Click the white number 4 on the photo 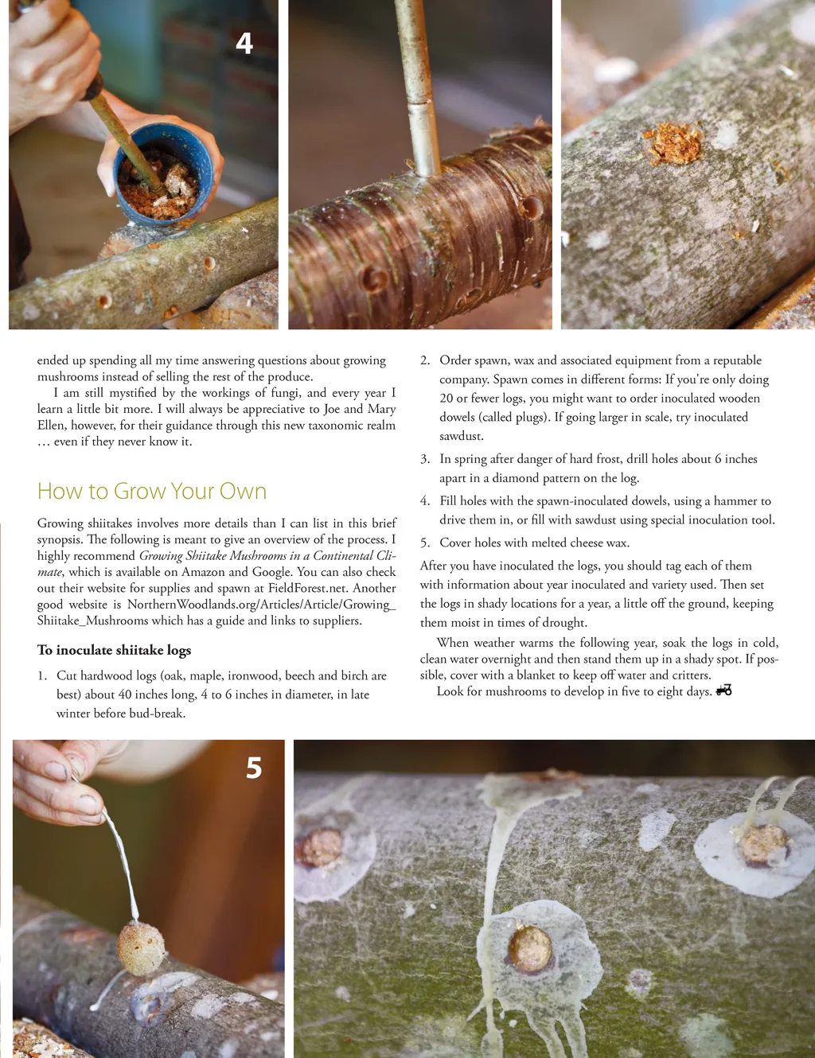[244, 43]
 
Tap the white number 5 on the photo [254, 768]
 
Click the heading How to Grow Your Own [152, 491]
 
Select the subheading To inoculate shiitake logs [114, 650]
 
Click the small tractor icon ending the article [724, 690]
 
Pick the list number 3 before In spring [425, 459]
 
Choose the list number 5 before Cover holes [425, 543]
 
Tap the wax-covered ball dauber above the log [142, 947]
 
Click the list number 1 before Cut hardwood [42, 676]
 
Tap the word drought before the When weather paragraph [562, 623]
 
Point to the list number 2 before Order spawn [425, 361]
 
